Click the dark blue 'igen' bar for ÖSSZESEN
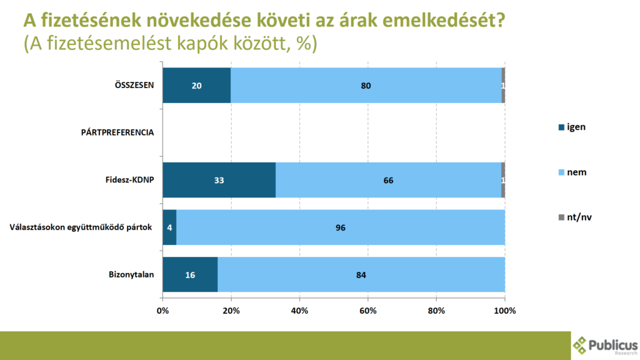coord(196,85)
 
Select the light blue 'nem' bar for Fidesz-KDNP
coord(388,180)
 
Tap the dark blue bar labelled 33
coord(219,180)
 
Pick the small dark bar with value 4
coord(169,227)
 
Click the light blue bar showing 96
coord(341,227)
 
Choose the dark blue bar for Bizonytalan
coord(190,274)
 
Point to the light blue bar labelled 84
coord(361,274)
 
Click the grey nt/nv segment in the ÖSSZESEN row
coord(503,85)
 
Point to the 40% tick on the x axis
coord(299,311)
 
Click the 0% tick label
coord(162,311)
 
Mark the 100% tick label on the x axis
coord(504,311)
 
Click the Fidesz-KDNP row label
coord(129,180)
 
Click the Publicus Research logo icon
coord(581,344)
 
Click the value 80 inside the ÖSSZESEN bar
coord(366,85)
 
